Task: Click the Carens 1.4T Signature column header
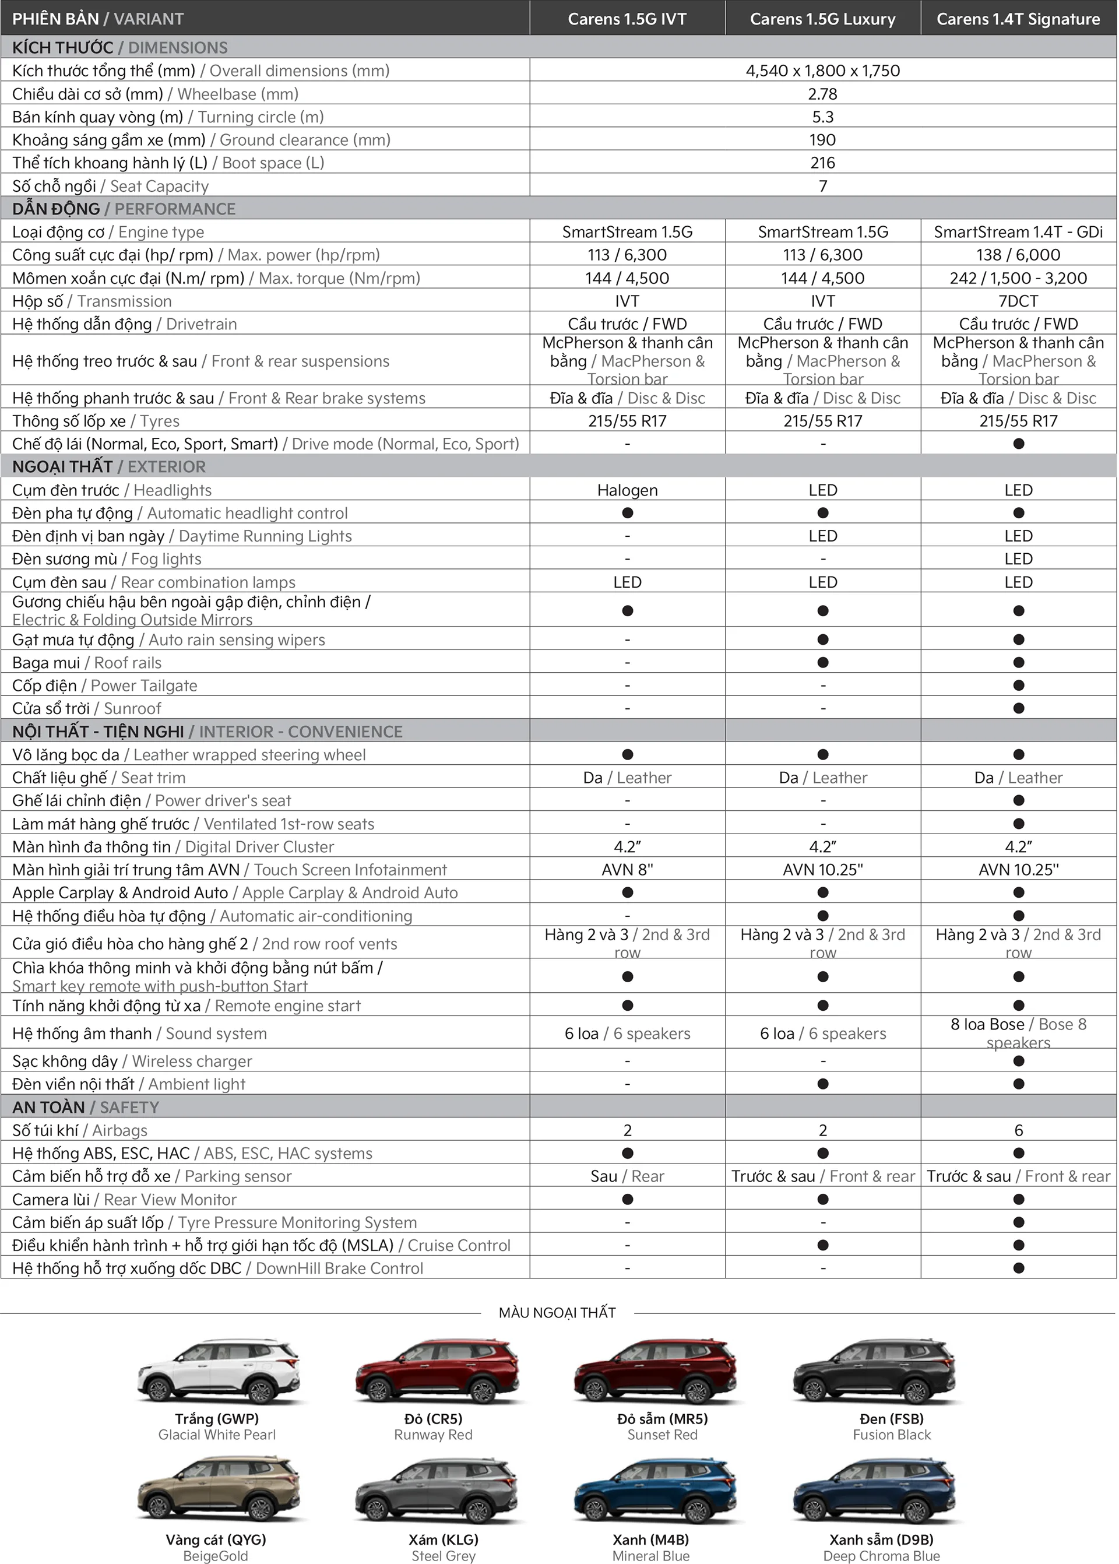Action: click(1018, 19)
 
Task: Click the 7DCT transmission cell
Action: click(1018, 301)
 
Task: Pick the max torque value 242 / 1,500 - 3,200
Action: click(1018, 279)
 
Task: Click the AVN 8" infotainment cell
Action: click(627, 870)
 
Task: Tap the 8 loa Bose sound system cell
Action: click(1018, 1033)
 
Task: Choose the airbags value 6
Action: click(1018, 1130)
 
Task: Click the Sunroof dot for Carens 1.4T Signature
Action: click(1018, 708)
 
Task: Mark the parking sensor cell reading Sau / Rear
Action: click(627, 1176)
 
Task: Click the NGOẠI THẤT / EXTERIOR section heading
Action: click(109, 466)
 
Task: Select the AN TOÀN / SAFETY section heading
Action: click(86, 1107)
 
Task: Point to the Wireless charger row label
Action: click(132, 1061)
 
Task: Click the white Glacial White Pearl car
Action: click(219, 1372)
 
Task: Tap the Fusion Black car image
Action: click(874, 1372)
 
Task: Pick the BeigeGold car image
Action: click(219, 1492)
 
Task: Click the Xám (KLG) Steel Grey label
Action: click(444, 1547)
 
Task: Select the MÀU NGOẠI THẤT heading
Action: click(557, 1313)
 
